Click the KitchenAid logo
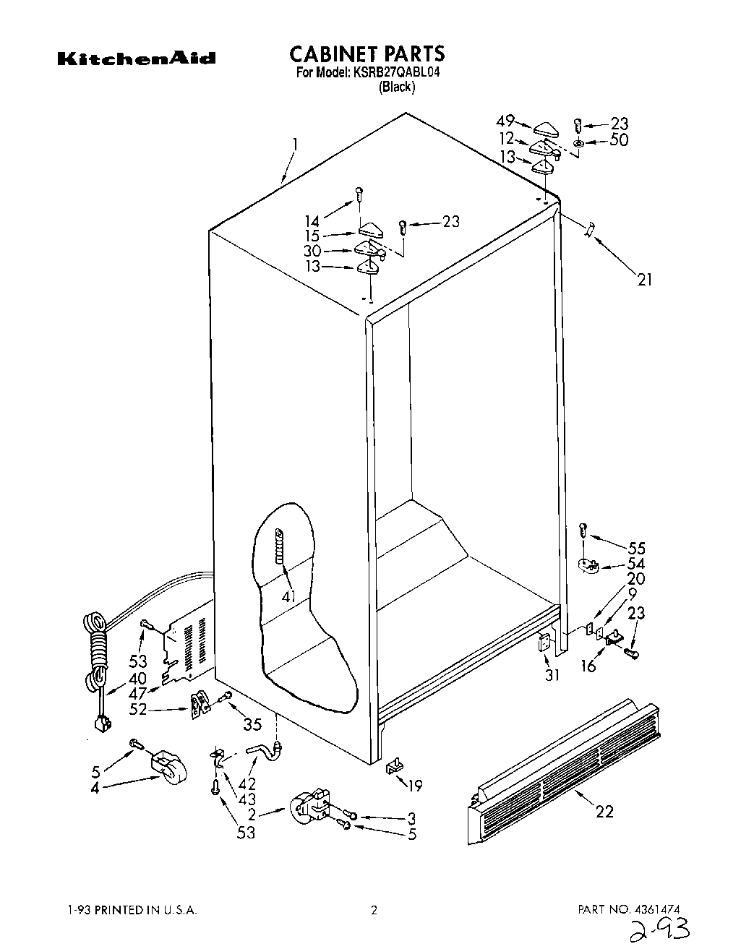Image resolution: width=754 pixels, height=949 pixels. (137, 58)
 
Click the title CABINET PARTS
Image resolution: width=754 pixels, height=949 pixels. (367, 54)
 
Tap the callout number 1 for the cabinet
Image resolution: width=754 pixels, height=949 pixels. (294, 145)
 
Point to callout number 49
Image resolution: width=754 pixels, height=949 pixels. (505, 121)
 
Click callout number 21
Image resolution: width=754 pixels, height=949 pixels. (644, 278)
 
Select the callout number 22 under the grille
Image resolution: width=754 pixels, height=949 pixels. (604, 811)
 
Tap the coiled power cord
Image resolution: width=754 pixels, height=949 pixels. (97, 650)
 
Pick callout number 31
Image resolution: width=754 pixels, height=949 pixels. (552, 676)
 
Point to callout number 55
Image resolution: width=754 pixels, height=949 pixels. (636, 548)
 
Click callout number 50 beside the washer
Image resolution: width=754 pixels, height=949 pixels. (618, 140)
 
